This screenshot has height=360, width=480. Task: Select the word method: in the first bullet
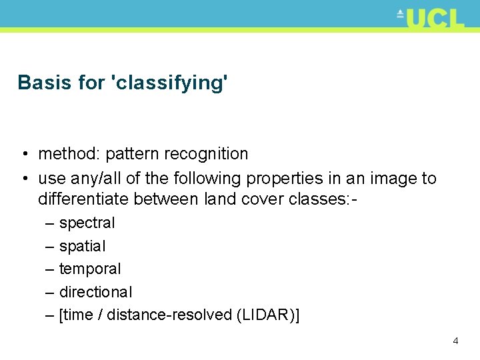[68, 154]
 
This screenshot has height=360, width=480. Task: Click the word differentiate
[83, 199]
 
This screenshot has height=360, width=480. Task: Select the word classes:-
[319, 199]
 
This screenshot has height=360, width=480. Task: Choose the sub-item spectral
[87, 223]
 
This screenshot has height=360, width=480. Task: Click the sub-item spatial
[82, 246]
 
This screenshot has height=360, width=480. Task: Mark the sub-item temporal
[90, 269]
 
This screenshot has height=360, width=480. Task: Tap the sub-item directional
[95, 292]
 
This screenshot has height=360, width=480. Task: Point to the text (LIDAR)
[265, 315]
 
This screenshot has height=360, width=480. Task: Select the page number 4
[455, 341]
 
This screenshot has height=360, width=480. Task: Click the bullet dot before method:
[24, 155]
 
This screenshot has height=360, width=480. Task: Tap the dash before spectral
[49, 223]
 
